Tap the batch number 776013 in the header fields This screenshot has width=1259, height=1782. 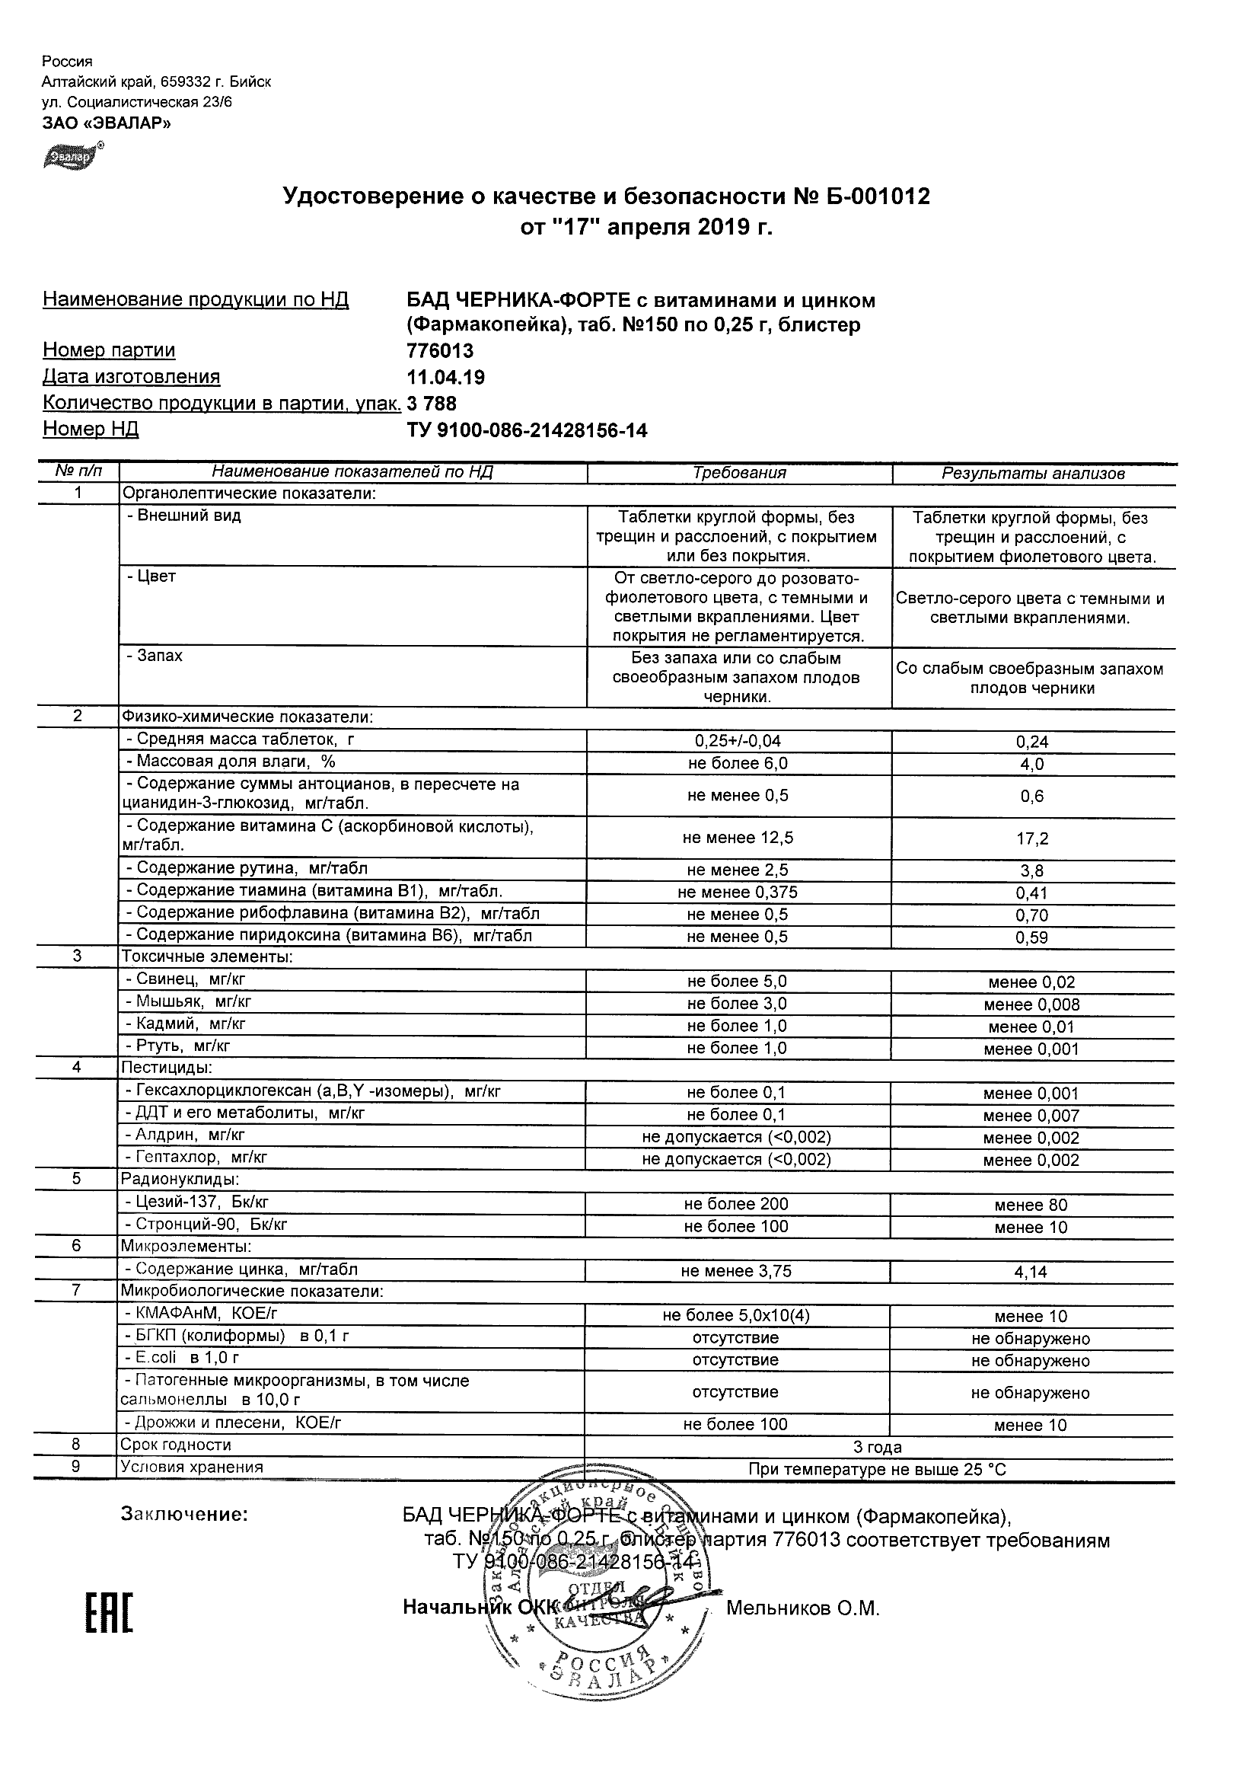pos(440,351)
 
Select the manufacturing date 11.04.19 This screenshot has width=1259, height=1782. pos(445,377)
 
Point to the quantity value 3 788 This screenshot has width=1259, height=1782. pos(432,404)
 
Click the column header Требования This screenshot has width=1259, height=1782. pos(738,473)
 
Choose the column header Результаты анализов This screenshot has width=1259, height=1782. pos(1032,474)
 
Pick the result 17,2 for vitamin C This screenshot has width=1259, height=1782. pos(1031,839)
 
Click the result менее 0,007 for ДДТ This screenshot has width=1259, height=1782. pos(1030,1116)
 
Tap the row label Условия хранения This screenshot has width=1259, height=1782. pos(191,1467)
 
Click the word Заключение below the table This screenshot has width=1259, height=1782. pos(185,1514)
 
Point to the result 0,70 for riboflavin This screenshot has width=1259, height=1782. pos(1031,916)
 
